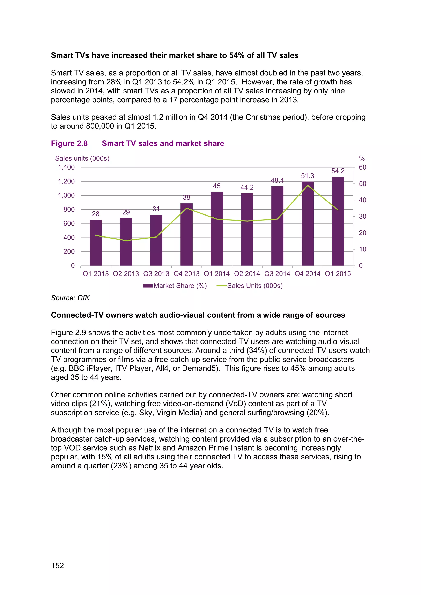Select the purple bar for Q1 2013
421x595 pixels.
96,243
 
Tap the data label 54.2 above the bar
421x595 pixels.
338,171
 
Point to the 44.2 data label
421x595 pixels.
247,187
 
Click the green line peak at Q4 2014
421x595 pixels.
308,185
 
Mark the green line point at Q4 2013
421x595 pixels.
186,208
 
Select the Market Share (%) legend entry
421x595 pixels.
175,286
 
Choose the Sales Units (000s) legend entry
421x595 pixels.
250,286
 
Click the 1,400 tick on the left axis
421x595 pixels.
66,167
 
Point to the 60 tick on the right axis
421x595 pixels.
362,167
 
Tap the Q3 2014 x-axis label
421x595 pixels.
277,274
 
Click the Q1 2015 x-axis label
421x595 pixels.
338,274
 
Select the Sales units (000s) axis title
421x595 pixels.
82,158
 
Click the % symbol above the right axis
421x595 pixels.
362,158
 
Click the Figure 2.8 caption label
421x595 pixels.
69,143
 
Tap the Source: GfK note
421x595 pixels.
70,298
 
